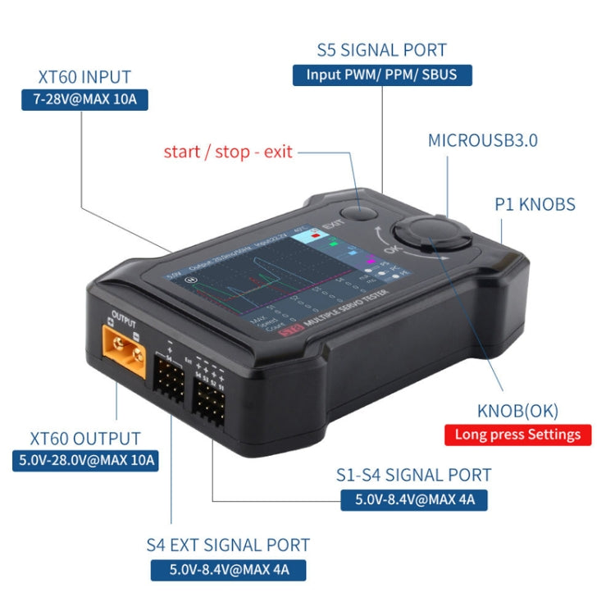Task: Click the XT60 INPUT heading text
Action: (84, 78)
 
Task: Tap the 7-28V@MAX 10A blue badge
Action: (84, 101)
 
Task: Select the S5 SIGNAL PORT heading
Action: (381, 50)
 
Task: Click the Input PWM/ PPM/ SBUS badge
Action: (382, 75)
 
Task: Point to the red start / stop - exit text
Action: (228, 152)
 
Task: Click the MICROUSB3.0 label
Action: (483, 140)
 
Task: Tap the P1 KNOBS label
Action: (535, 205)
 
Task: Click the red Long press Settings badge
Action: (517, 435)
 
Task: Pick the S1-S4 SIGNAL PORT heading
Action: (413, 475)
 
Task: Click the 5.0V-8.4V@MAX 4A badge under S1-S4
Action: (414, 499)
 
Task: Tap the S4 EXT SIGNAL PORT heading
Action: (228, 544)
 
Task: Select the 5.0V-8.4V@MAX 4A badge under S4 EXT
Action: (228, 569)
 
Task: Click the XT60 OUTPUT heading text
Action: (85, 439)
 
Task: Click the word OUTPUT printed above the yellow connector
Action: (123, 316)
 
